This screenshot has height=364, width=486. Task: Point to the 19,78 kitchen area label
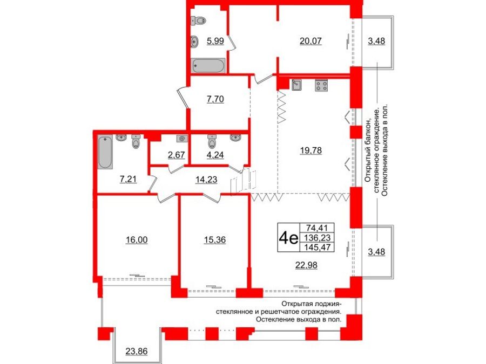(x=311, y=150)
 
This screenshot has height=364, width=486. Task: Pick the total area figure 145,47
(x=318, y=248)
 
